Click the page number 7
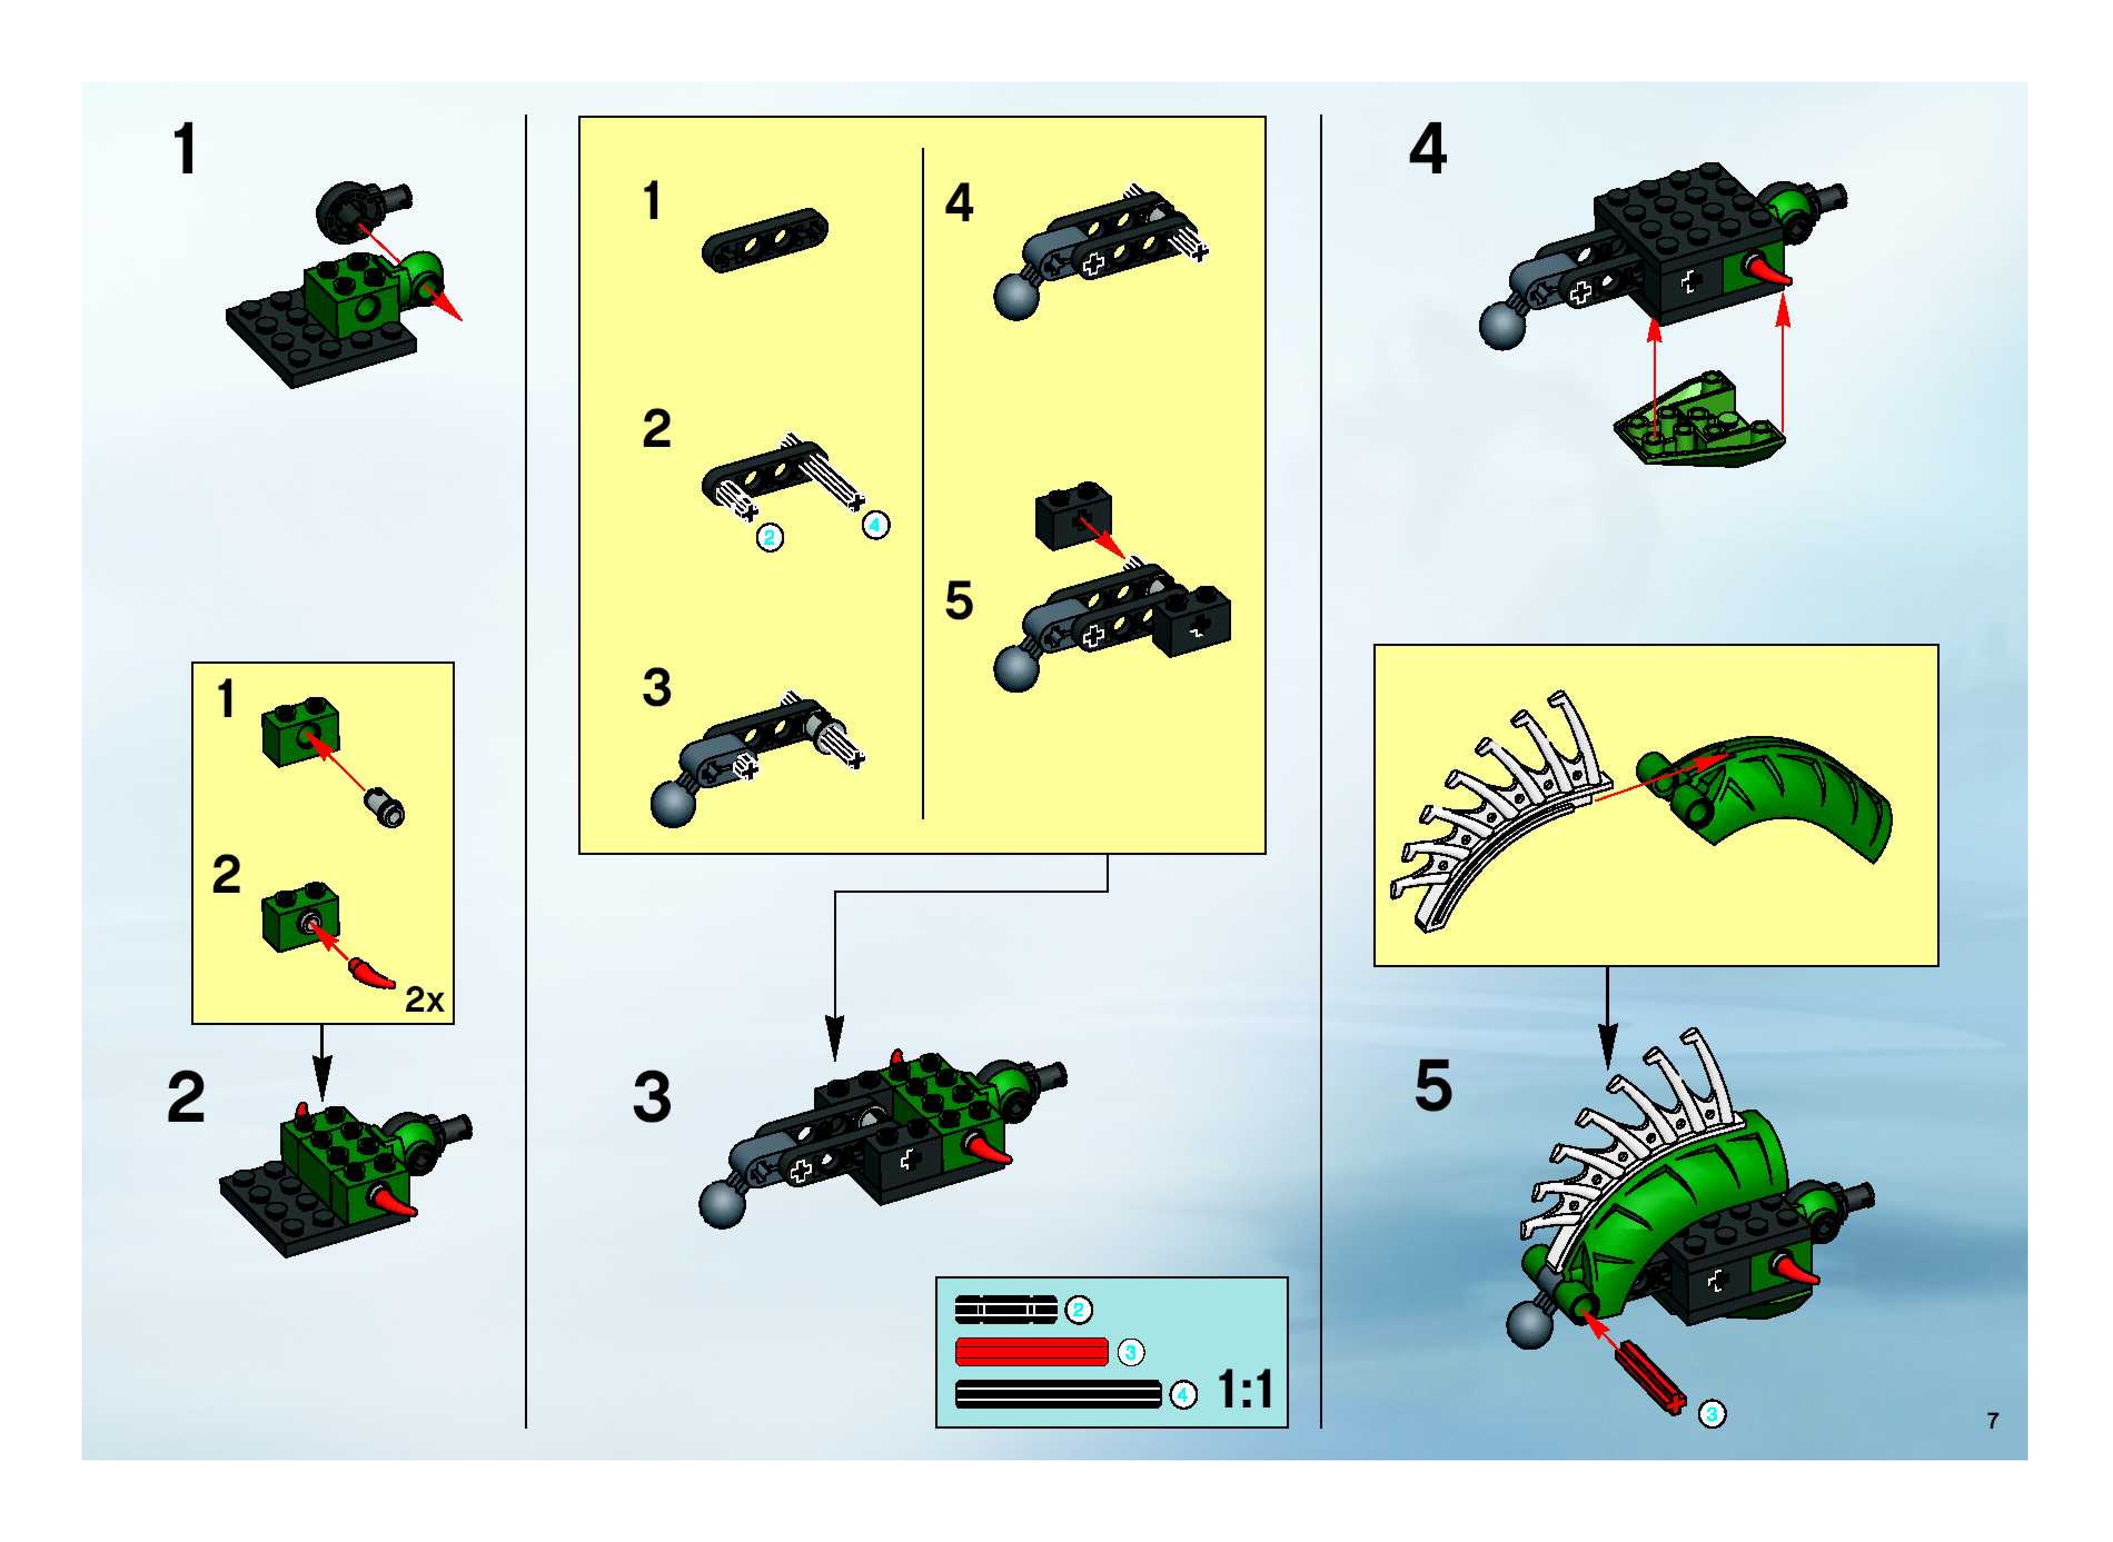pos(1992,1421)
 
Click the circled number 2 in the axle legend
pos(1078,1310)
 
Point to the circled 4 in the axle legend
pos(1183,1395)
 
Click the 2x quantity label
pos(424,999)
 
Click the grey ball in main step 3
pos(723,1204)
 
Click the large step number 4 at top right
pos(1427,150)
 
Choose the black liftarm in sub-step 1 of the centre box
pos(765,240)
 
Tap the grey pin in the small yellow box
pos(385,807)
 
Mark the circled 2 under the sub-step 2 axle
pos(770,538)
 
